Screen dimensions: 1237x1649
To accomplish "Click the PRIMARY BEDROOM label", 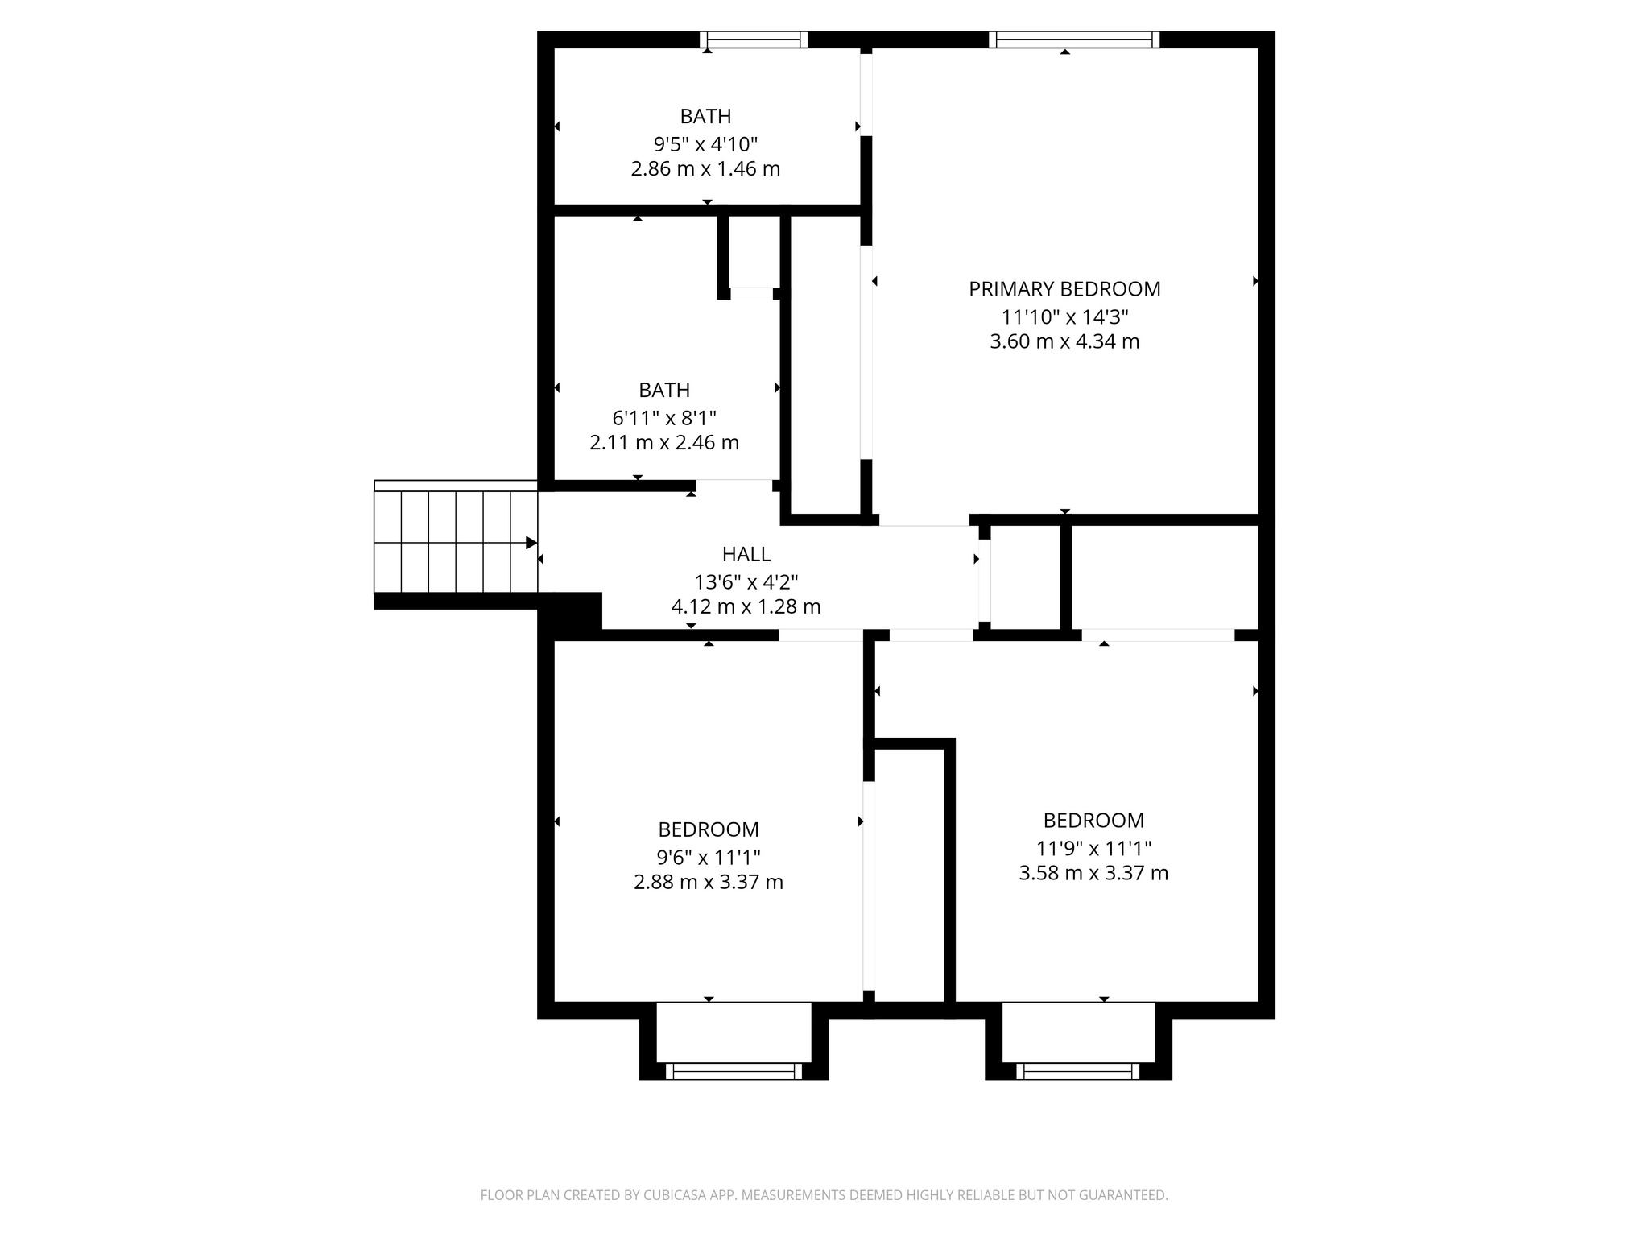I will tap(1064, 288).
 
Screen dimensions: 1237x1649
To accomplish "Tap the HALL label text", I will tap(746, 554).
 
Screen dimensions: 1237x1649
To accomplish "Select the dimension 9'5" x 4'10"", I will tap(705, 144).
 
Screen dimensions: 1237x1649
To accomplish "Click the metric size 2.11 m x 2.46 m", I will tap(664, 442).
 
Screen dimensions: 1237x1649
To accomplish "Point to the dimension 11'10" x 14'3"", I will tap(1064, 316).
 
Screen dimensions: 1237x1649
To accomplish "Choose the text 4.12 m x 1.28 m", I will tap(746, 606).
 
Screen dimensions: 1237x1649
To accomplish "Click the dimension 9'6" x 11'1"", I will tap(708, 857).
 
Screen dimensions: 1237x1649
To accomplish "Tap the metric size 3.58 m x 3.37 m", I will tap(1093, 873).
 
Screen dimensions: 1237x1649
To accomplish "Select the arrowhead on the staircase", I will tap(531, 543).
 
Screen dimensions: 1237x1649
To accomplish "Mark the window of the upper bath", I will tap(753, 39).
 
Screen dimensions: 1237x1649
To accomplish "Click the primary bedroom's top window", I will tap(1074, 39).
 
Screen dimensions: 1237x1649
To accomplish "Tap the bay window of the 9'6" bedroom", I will tap(734, 1071).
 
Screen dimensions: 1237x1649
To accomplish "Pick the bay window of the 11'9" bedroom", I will tap(1077, 1071).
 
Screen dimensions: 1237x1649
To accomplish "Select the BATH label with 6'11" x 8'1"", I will tap(664, 390).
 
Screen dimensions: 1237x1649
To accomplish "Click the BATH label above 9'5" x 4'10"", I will tap(705, 116).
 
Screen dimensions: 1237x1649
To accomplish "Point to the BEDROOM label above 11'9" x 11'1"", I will tap(1093, 820).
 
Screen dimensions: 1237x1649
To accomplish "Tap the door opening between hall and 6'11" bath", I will tap(734, 485).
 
